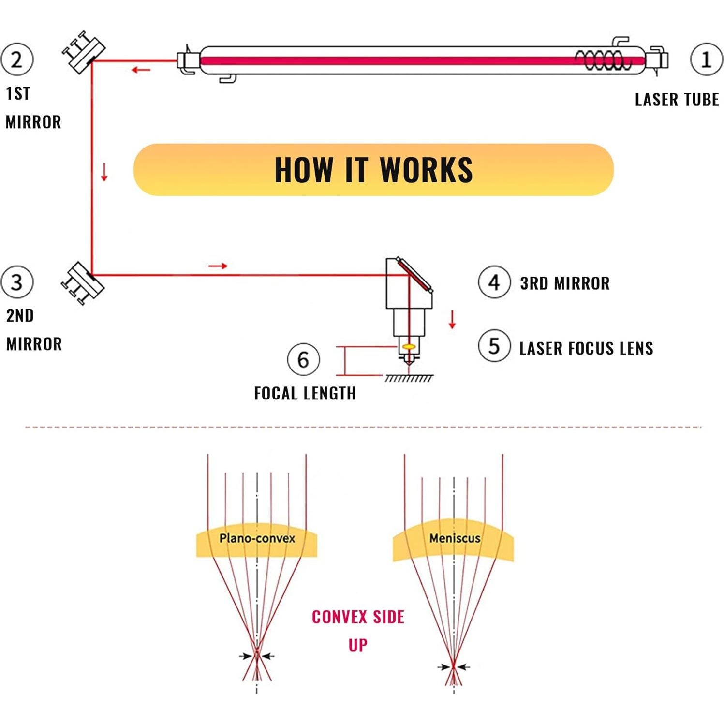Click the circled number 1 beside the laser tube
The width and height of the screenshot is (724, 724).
[706, 60]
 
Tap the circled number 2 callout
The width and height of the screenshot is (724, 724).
[17, 60]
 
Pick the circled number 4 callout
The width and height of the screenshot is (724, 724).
[494, 282]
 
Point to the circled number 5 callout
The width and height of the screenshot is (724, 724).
[494, 346]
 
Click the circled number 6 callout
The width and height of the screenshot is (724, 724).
[303, 359]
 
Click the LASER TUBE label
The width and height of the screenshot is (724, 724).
[677, 100]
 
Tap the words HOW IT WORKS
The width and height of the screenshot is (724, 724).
[373, 170]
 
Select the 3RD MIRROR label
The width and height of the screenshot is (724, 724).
[565, 283]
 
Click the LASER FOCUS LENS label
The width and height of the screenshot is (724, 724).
[586, 348]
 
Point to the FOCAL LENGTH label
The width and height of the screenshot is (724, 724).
[305, 393]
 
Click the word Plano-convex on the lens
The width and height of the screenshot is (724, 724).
[257, 538]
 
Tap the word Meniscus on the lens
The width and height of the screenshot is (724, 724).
[455, 538]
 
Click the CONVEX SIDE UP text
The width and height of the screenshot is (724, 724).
[358, 630]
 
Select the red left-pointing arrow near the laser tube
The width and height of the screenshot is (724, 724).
[141, 70]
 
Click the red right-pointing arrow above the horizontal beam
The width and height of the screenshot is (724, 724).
[218, 266]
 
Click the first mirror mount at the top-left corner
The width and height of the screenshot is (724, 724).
[84, 52]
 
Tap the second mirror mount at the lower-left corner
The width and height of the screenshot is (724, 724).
[83, 283]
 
